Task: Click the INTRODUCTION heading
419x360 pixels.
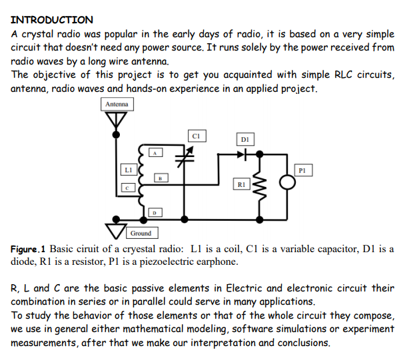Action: [52, 19]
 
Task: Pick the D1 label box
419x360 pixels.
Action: [244, 139]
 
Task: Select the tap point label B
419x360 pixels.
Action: [160, 178]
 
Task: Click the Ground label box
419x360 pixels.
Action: [141, 233]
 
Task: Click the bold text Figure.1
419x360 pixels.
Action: [29, 249]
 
